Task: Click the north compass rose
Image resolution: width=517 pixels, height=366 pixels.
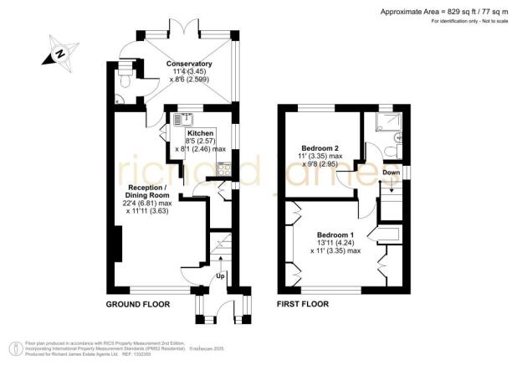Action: [59, 55]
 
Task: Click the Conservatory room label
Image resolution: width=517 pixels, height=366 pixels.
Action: [188, 64]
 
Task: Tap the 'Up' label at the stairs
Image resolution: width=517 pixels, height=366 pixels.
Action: [221, 276]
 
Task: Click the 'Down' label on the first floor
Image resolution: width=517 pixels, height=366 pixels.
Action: [391, 173]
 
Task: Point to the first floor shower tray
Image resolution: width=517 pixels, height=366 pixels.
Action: [390, 124]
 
